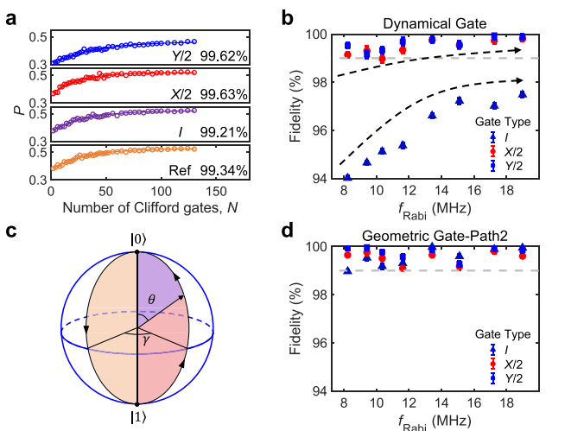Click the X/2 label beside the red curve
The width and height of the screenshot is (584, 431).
point(179,95)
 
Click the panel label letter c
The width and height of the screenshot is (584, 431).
point(12,231)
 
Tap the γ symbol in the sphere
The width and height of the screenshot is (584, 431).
point(148,344)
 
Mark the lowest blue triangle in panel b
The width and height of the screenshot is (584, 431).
point(347,178)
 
